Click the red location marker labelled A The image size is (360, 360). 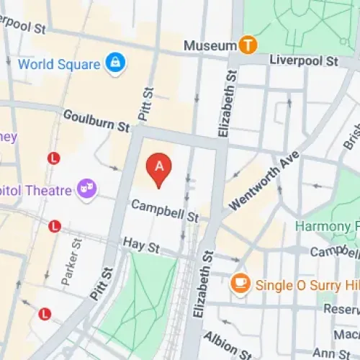159,168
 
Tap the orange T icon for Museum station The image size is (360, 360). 248,45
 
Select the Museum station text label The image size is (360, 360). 210,45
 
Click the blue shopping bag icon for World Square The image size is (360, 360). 114,63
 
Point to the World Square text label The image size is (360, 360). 59,64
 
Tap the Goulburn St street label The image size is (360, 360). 96,120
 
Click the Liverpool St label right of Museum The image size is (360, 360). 299,58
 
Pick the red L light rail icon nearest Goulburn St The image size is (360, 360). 53,158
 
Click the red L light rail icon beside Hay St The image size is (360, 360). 54,227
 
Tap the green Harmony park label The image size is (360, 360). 328,226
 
